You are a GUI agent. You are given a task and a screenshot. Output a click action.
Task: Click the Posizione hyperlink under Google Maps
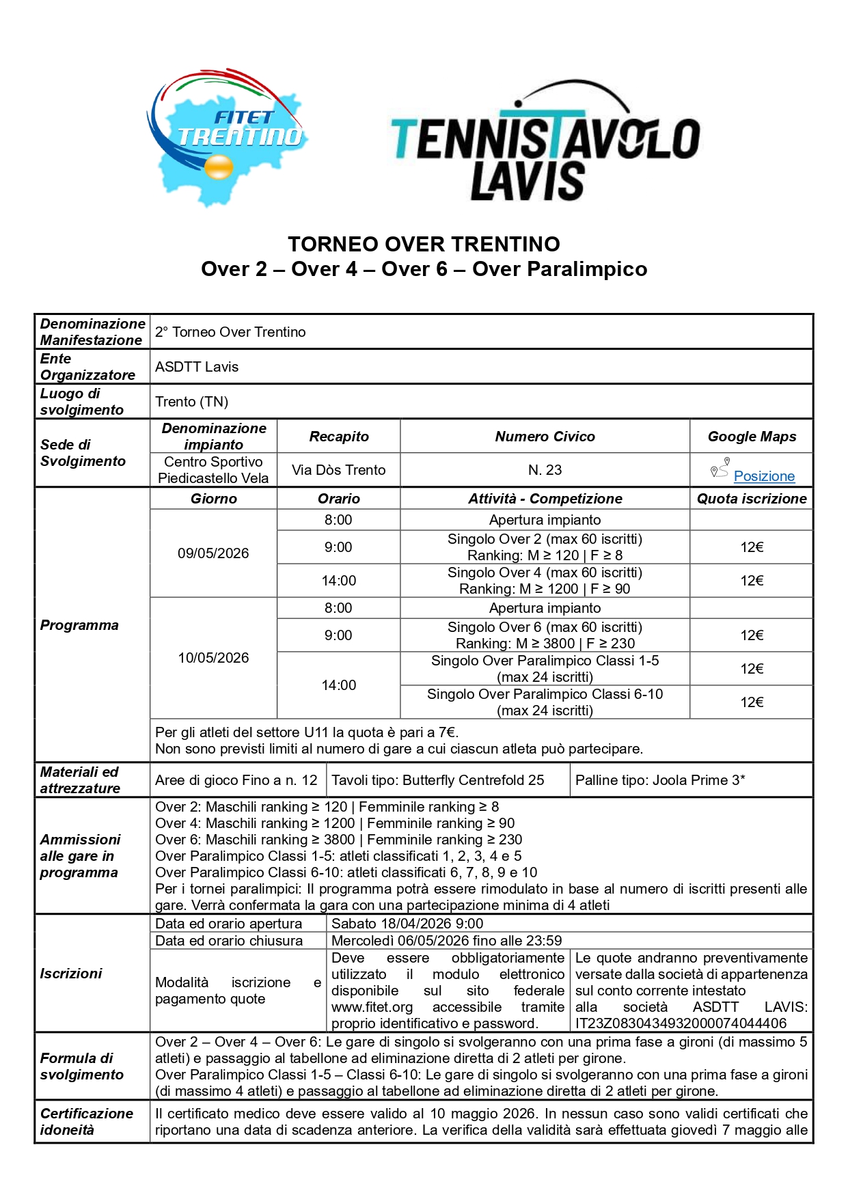tap(763, 476)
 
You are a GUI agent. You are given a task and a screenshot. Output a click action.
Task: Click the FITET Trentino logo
tap(226, 137)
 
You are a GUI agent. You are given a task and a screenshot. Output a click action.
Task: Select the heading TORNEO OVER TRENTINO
tap(424, 244)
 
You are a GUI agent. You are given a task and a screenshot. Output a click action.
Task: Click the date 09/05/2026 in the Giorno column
tap(213, 553)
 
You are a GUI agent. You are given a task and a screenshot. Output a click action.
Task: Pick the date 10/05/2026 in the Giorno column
tap(213, 658)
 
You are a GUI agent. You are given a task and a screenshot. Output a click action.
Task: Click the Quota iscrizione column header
tap(751, 499)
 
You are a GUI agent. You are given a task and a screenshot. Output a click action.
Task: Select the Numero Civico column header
tap(545, 437)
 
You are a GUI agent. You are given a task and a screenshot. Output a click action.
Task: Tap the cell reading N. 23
tap(545, 470)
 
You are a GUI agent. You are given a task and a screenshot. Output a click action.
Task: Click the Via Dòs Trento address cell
tap(338, 470)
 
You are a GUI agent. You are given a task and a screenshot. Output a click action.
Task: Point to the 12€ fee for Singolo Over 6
tap(751, 635)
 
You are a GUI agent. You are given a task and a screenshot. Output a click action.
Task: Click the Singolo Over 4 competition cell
tap(545, 581)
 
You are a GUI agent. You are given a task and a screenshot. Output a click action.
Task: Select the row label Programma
tap(79, 625)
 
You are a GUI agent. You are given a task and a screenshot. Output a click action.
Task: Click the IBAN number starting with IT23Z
tap(681, 1023)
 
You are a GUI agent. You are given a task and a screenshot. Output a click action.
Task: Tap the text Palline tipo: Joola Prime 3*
tap(659, 780)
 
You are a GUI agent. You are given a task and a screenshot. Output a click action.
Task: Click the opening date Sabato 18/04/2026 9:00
tap(407, 924)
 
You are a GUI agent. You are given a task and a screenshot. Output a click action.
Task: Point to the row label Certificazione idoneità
tap(86, 1122)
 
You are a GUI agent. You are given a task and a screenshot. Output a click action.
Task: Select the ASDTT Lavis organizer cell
tap(197, 367)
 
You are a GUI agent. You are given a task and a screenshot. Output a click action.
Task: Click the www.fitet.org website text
tap(372, 1007)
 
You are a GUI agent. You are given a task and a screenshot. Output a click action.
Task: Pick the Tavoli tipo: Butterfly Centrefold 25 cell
tap(438, 780)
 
